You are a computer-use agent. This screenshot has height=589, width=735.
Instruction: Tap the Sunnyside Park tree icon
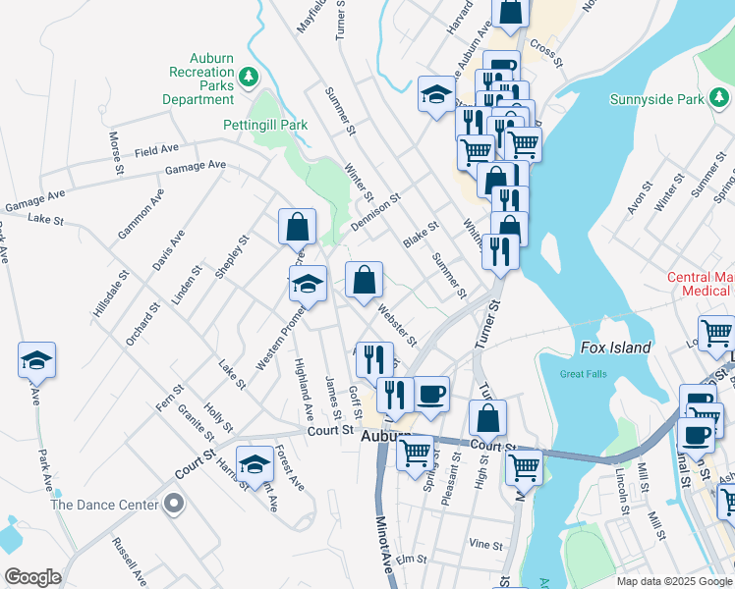pyautogui.click(x=721, y=98)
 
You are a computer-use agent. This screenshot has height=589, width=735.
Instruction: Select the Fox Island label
pyautogui.click(x=616, y=348)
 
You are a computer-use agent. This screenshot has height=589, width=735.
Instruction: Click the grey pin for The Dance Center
pyautogui.click(x=175, y=505)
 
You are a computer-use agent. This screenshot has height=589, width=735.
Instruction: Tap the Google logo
pyautogui.click(x=32, y=577)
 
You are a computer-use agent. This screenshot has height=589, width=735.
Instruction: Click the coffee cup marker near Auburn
pyautogui.click(x=431, y=395)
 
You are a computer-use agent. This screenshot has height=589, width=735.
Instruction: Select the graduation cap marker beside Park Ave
pyautogui.click(x=36, y=360)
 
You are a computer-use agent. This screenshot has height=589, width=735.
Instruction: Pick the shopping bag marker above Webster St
pyautogui.click(x=364, y=280)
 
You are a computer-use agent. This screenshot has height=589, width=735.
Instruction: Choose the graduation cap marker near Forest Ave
pyautogui.click(x=254, y=462)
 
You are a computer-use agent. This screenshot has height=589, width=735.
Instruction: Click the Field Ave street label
pyautogui.click(x=157, y=150)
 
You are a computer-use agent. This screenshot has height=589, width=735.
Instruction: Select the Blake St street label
pyautogui.click(x=420, y=234)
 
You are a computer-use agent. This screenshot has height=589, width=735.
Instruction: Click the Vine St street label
pyautogui.click(x=485, y=544)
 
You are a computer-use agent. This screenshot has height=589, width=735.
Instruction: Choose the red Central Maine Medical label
pyautogui.click(x=699, y=284)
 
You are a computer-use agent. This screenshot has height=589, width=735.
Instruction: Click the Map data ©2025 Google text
pyautogui.click(x=674, y=581)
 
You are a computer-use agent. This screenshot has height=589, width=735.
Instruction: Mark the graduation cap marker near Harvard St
pyautogui.click(x=436, y=94)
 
